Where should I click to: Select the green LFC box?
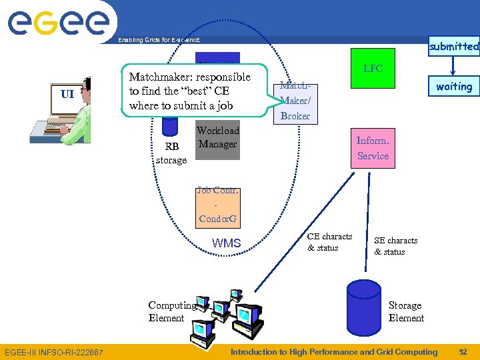(373, 69)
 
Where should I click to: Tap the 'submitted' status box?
(454, 46)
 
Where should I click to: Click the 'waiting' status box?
(454, 87)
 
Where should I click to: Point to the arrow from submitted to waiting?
(454, 65)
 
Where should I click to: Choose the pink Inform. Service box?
(373, 148)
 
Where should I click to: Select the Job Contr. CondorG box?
(218, 205)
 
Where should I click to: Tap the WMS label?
(226, 243)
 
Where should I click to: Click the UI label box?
(67, 94)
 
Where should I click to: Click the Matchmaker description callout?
(191, 91)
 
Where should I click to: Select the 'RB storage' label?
(171, 154)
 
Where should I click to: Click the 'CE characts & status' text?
(329, 242)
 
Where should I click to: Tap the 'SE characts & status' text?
(395, 246)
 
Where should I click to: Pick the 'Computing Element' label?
(173, 311)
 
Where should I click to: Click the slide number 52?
(463, 352)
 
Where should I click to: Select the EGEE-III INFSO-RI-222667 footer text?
(54, 352)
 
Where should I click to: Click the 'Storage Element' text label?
(406, 311)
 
